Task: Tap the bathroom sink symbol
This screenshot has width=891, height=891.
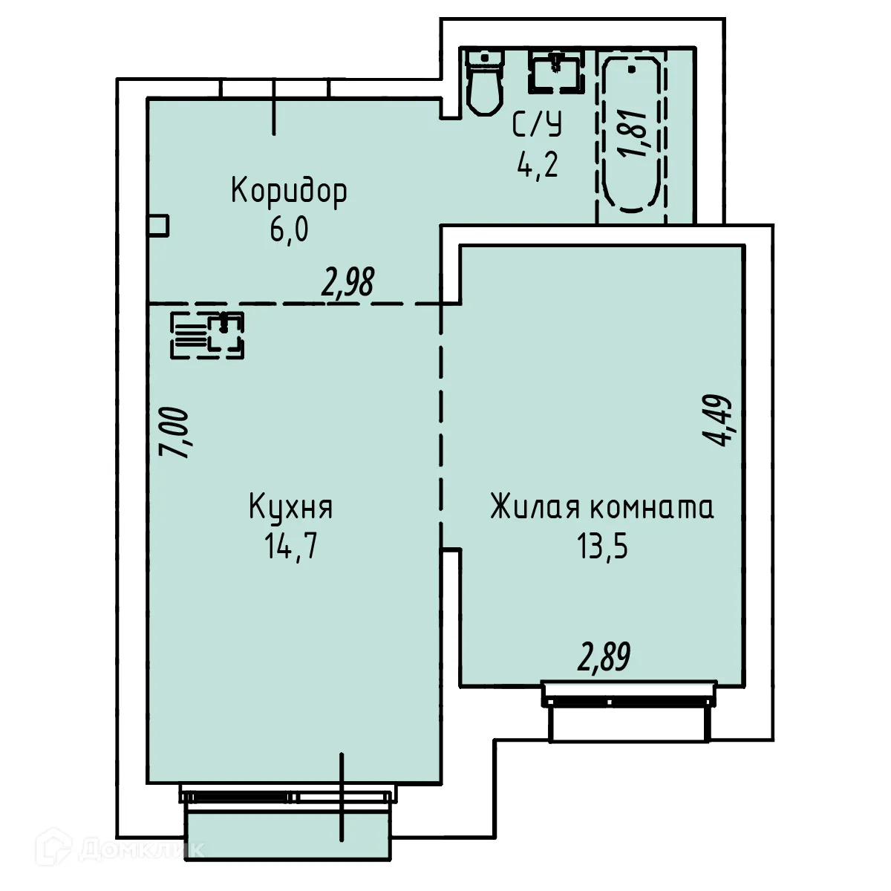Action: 554,71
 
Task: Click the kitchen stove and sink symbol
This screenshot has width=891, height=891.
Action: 208,336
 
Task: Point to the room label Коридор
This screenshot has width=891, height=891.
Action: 289,191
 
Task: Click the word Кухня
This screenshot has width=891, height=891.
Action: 290,508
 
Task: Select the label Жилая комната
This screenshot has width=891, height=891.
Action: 601,508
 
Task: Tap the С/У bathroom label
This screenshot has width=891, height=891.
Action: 537,125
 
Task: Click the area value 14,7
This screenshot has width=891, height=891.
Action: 290,547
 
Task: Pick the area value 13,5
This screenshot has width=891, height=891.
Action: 602,547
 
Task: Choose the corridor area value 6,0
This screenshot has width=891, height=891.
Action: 289,230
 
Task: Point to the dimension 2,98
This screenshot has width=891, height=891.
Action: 347,283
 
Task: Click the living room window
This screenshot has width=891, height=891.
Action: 630,695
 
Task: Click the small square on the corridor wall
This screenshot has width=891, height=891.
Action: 159,226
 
